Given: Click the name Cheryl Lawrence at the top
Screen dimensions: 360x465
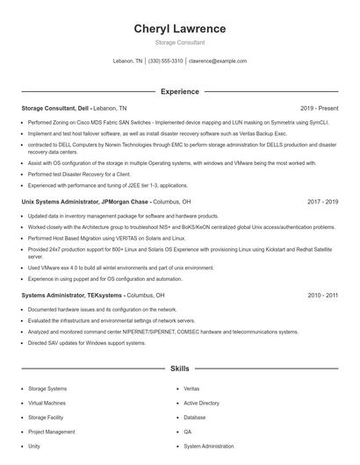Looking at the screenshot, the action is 179,28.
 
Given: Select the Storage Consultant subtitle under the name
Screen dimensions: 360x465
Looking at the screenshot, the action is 179,42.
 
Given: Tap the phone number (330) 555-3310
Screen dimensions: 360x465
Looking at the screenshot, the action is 165,61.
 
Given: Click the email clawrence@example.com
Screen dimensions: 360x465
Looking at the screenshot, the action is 218,61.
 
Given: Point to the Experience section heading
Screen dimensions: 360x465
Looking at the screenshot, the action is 179,91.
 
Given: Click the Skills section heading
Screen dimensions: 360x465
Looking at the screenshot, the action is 179,369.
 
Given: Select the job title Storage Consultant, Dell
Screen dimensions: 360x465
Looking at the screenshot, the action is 54,108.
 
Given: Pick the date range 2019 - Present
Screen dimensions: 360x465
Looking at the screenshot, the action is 319,108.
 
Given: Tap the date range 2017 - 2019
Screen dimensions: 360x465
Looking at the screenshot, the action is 322,201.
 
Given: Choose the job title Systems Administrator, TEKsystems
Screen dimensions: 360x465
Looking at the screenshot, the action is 72,295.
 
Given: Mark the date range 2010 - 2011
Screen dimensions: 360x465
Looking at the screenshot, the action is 322,295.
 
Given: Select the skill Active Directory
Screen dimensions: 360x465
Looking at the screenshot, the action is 201,403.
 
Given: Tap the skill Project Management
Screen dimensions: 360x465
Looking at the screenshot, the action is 52,432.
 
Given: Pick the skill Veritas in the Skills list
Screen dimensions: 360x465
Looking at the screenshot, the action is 191,388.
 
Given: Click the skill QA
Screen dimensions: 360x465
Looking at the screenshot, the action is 188,432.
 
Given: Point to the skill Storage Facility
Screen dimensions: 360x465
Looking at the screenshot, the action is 47,418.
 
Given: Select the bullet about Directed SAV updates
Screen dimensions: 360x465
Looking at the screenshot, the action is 87,343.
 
